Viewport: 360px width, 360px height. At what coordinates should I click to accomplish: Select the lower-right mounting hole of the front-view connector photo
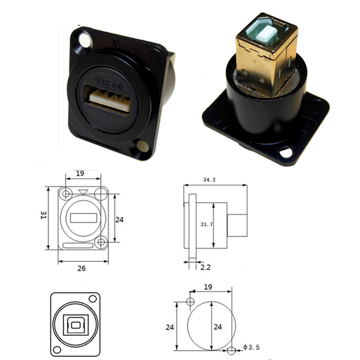(x=143, y=147)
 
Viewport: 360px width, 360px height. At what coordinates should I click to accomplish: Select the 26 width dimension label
(x=82, y=268)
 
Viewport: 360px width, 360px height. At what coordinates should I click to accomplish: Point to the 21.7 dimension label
(x=207, y=224)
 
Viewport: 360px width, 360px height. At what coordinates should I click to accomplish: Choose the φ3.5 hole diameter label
(x=251, y=347)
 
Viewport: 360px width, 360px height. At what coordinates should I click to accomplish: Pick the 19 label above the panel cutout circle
(x=208, y=287)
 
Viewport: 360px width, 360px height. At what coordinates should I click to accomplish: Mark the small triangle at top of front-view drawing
(x=84, y=192)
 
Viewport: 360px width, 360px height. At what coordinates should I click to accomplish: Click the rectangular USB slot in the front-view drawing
(x=84, y=218)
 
